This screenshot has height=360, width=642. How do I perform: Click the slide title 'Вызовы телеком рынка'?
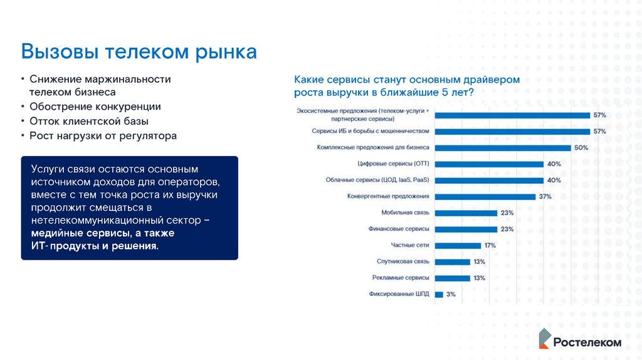click(139, 51)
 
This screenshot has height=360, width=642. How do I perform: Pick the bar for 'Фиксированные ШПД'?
click(439, 294)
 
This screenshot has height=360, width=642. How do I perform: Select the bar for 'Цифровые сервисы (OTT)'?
click(489, 164)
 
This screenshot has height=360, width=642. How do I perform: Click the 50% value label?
click(581, 148)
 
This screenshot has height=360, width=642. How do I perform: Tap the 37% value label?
click(545, 196)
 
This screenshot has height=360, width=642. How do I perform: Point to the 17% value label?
click(490, 245)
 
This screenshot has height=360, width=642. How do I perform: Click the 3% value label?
click(451, 294)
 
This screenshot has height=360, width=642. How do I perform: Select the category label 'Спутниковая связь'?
click(403, 262)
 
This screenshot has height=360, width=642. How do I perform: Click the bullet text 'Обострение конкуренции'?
click(95, 107)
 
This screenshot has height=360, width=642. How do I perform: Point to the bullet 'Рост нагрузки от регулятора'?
click(103, 135)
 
